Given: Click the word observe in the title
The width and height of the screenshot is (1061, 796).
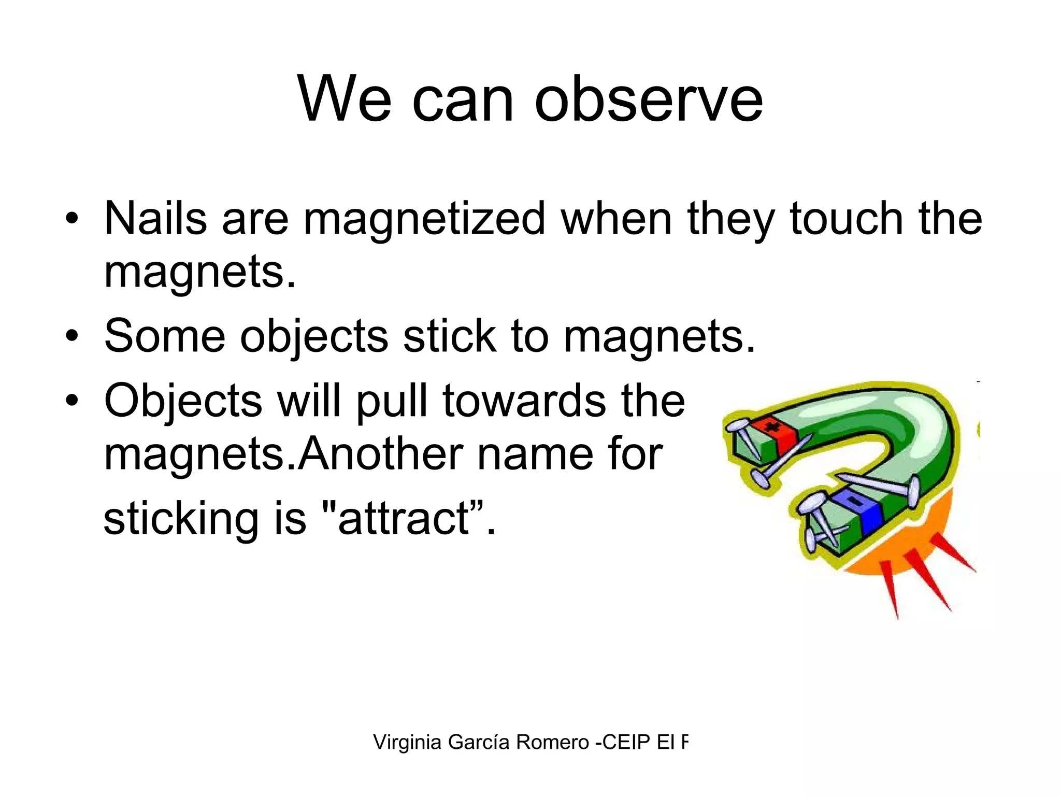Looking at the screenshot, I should point(649,99).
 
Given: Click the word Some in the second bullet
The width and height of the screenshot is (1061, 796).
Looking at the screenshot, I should point(164,336).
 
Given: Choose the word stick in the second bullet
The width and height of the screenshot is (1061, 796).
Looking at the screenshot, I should point(449,336).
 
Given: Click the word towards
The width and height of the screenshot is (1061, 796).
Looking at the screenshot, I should point(524,401).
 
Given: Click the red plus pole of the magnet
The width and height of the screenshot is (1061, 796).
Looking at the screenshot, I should point(773,432).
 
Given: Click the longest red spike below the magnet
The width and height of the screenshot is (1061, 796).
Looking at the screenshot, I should point(892,591).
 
